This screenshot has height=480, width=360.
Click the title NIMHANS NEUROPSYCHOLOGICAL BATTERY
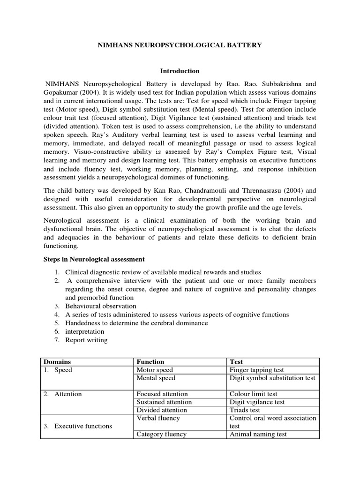tap(180, 45)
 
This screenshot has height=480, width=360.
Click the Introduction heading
tap(180, 71)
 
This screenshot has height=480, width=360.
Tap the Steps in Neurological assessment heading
tap(94, 259)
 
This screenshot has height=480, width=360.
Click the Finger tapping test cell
tap(256, 370)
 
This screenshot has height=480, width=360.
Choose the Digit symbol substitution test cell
tap(272, 378)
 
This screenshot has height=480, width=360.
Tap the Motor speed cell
tap(155, 370)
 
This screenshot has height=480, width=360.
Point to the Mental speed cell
tap(156, 378)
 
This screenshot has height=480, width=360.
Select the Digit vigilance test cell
tap(257, 402)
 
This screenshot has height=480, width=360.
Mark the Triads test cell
tap(245, 410)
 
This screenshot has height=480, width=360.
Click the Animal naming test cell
tap(258, 434)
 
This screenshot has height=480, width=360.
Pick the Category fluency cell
tap(161, 434)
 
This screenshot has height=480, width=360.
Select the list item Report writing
tap(86, 340)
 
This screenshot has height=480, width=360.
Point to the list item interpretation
tap(85, 331)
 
